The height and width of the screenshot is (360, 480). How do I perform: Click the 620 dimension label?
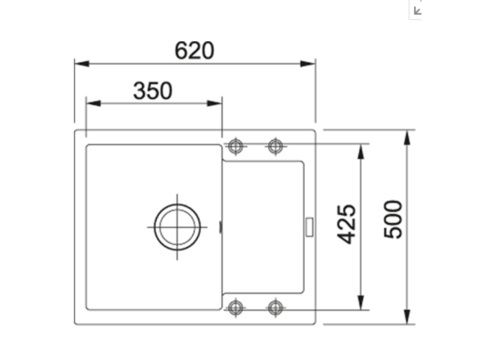click(194, 51)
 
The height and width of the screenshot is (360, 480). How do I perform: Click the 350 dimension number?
click(153, 91)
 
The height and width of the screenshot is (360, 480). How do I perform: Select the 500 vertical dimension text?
click(393, 219)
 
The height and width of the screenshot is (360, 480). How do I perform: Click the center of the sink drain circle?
click(177, 227)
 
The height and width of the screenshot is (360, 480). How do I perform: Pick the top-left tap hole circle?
click(235, 146)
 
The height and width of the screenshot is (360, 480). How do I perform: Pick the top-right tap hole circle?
click(276, 146)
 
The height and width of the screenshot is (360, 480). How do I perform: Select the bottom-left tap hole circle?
click(235, 307)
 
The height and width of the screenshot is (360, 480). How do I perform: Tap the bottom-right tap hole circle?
click(276, 307)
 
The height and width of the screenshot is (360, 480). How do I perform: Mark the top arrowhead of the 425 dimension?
click(360, 151)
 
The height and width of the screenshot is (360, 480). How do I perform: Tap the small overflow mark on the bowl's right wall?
click(220, 227)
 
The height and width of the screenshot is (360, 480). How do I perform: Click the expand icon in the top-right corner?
click(415, 9)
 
